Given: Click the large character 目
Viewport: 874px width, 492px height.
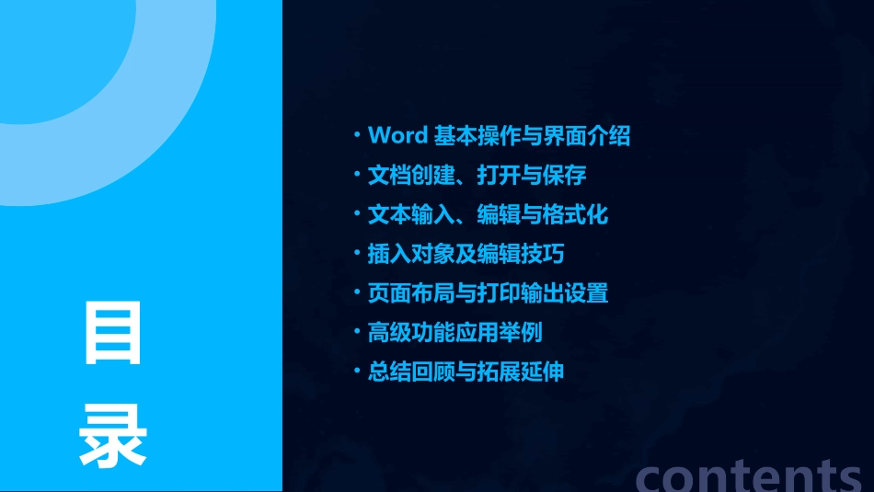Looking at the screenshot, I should click(113, 333).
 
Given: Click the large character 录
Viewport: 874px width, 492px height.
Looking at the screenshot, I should click(113, 435).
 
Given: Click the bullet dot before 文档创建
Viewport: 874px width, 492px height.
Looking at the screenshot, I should click(357, 175).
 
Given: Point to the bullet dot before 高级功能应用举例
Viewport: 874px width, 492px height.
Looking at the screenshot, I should click(357, 332).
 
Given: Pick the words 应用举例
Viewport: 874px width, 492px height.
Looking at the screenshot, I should click(511, 332).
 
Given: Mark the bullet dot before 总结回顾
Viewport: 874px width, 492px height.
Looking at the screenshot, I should click(357, 372).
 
